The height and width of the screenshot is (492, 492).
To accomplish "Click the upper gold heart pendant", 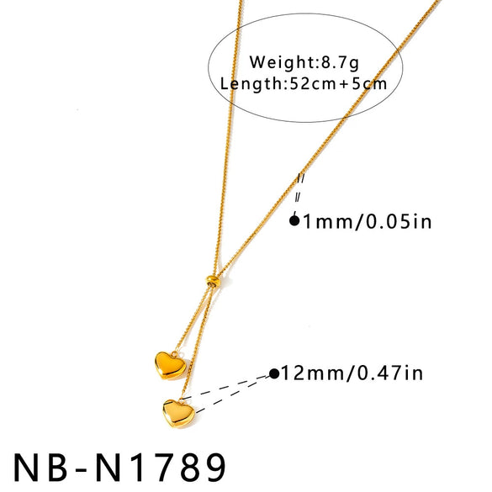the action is click(x=171, y=365).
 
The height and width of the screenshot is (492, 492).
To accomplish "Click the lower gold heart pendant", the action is click(x=178, y=413).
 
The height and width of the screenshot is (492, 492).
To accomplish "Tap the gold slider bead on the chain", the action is click(x=213, y=280).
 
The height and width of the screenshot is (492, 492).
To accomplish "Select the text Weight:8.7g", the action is click(x=304, y=62).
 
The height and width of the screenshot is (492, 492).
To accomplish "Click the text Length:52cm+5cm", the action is click(x=304, y=84).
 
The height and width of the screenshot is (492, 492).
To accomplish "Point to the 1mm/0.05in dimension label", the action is click(x=368, y=221).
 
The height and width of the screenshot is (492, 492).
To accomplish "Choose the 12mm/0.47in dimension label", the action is click(x=352, y=373).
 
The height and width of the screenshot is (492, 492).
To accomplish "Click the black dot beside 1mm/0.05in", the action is click(x=294, y=221).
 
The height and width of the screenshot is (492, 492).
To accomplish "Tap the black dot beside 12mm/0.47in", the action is click(x=274, y=373).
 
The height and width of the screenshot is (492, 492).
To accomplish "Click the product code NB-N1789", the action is click(x=120, y=468).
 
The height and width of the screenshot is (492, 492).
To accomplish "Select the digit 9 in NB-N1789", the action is click(x=212, y=468).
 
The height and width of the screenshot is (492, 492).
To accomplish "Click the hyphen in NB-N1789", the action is click(x=82, y=470).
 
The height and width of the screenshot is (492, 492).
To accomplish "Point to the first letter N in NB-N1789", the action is click(x=26, y=468).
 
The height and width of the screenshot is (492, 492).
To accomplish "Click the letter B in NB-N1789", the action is click(x=58, y=468).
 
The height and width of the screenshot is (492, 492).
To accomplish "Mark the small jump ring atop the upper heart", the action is click(x=174, y=354).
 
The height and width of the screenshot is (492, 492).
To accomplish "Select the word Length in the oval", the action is click(x=251, y=84).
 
